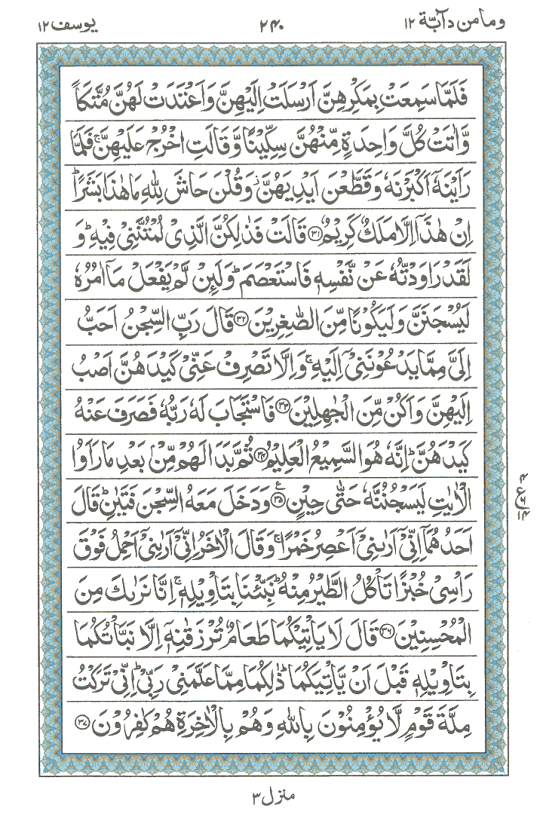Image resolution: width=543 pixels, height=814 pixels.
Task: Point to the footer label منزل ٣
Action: pyautogui.click(x=270, y=787)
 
